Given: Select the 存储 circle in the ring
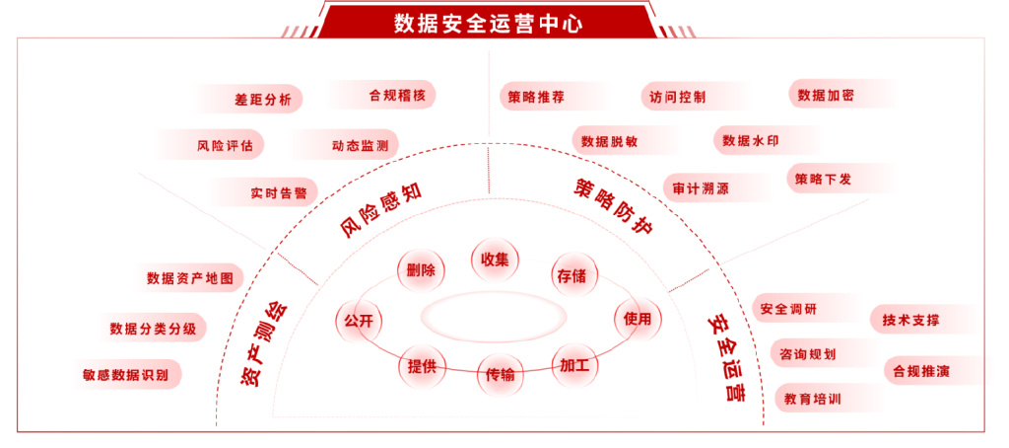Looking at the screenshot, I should coord(572,275).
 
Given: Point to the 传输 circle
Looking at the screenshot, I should coord(500,375).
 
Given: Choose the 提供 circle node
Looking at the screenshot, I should coord(422,366).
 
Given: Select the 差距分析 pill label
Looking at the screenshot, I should coord(263,99).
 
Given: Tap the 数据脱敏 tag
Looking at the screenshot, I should coord(609,141).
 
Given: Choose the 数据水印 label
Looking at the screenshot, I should coord(750,141).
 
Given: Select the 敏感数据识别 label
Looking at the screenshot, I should coord(126,375).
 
